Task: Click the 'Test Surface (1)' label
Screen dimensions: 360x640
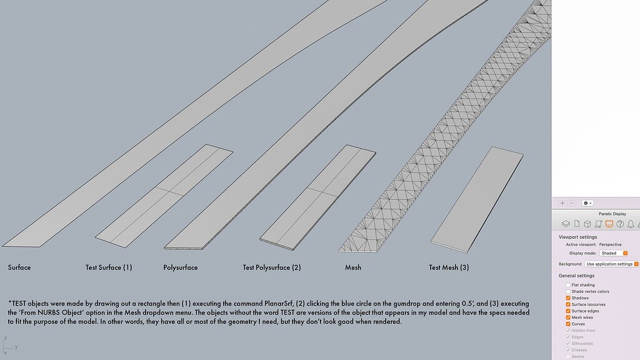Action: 109,267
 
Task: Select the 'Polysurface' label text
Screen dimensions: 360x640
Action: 181,267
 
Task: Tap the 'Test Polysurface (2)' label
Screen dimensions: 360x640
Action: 272,267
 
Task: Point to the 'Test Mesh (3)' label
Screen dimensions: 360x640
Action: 449,267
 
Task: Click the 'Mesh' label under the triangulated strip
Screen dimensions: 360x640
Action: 353,267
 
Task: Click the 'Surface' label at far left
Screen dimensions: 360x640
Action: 19,267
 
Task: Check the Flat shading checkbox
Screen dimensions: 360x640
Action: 568,285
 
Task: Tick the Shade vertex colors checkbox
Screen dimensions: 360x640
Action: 568,291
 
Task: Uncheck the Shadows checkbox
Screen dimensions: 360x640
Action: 568,298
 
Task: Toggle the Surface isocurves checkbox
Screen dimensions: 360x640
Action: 568,304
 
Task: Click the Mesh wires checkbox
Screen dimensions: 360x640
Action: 568,317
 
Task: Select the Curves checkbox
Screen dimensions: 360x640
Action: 568,324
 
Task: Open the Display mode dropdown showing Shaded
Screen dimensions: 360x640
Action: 613,253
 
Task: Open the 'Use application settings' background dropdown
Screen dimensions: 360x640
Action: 612,264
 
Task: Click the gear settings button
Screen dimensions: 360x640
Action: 587,203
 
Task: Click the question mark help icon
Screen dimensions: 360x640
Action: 620,224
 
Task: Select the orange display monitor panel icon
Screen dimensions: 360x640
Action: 609,224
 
